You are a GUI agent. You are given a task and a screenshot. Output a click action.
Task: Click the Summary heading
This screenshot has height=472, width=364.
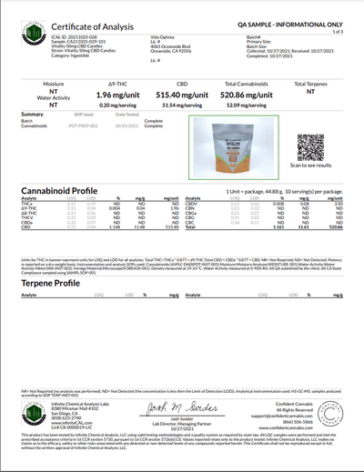[31, 114]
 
